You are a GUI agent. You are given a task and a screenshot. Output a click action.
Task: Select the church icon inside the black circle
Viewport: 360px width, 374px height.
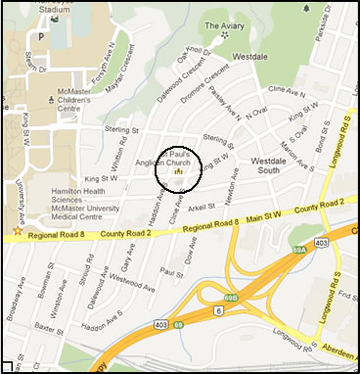pos(178,170)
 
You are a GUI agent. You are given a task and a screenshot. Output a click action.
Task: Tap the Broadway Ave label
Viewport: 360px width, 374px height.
pos(15,295)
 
